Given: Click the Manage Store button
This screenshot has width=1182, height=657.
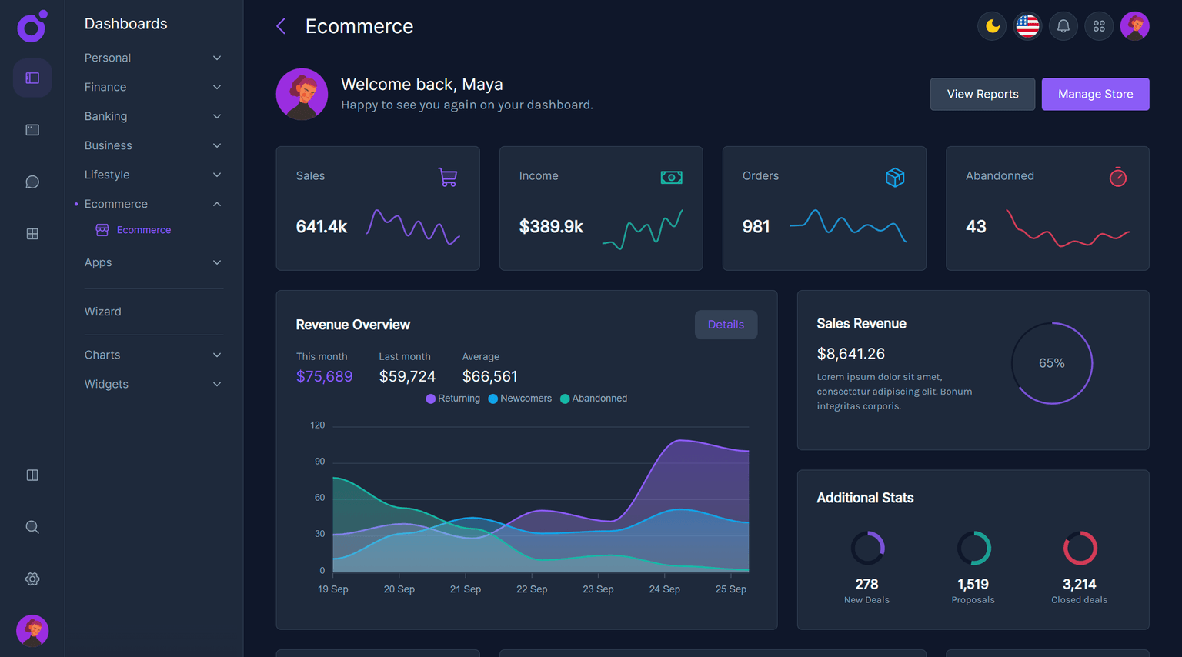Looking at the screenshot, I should point(1095,94).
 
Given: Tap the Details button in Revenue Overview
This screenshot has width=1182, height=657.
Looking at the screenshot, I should point(726,325).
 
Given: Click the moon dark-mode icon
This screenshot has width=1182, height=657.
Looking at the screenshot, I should point(992,26).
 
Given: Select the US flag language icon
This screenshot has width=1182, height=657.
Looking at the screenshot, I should point(1027,26).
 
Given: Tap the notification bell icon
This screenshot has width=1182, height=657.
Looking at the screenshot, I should point(1063,26).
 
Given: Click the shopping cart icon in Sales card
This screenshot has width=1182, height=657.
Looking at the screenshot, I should point(448,178).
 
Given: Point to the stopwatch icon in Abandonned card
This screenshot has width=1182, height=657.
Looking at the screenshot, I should point(1117,178).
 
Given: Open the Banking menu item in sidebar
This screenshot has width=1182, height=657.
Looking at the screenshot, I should point(106,116).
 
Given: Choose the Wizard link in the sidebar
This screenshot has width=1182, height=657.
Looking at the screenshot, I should point(103,312).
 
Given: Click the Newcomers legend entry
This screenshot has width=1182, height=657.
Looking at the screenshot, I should point(520,399).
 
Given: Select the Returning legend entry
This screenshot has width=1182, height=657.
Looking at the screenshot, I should point(453,399).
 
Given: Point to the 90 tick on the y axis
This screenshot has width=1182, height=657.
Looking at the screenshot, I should point(319,462).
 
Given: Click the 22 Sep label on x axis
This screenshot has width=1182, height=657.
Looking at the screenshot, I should point(532,589).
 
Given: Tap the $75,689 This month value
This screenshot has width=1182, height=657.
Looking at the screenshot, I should point(324,376).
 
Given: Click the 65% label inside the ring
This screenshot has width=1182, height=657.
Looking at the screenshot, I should point(1051,363).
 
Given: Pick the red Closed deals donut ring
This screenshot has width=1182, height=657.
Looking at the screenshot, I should point(1080,549).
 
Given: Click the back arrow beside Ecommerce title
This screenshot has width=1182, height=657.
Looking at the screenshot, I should point(281,26).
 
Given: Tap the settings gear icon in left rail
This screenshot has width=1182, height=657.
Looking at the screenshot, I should point(32,579).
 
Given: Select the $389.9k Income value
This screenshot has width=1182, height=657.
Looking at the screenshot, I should point(551,227).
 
